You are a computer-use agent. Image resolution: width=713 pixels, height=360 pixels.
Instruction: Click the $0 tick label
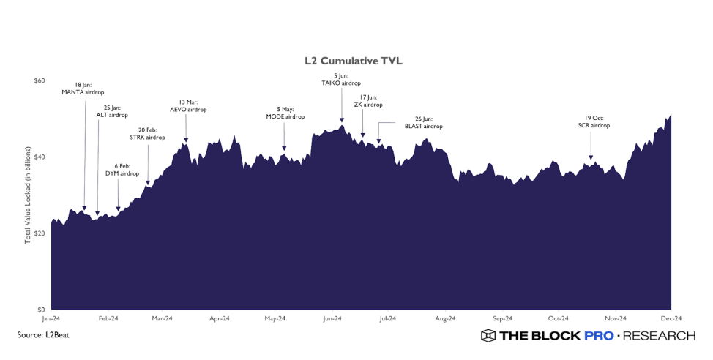click(x=42, y=310)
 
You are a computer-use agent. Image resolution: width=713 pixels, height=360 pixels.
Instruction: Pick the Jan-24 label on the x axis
click(x=51, y=319)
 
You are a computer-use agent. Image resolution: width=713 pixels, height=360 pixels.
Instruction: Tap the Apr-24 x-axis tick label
click(x=220, y=319)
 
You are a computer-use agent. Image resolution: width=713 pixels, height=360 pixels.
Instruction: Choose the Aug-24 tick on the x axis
click(x=445, y=319)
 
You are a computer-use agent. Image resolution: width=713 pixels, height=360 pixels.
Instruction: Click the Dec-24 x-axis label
click(x=671, y=319)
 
